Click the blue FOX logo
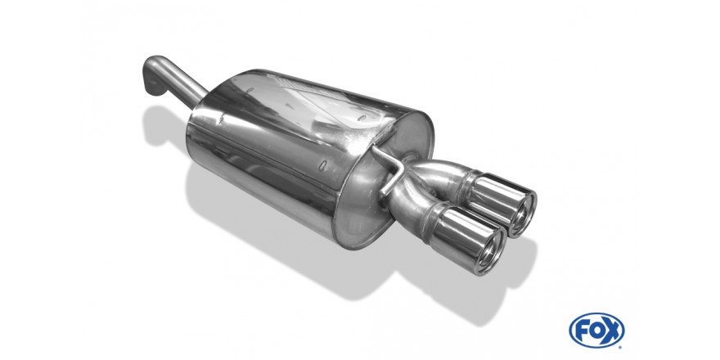(596, 331)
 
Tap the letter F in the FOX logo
(582, 331)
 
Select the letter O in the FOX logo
(596, 331)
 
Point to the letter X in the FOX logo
(613, 331)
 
